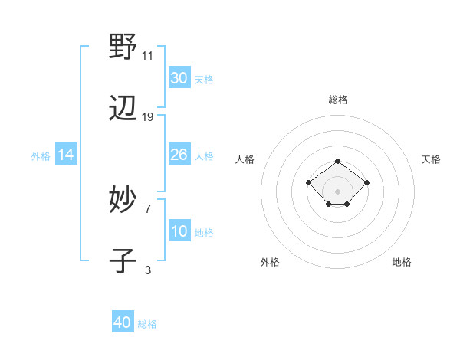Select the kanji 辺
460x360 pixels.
[123, 110]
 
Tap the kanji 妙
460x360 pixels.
[123, 200]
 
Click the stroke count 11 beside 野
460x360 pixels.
[147, 56]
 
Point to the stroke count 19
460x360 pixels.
[148, 117]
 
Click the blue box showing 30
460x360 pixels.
[179, 78]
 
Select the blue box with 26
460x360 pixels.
[179, 155]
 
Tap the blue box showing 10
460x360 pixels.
[179, 231]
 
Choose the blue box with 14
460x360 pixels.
[66, 155]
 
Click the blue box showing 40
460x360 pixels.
[123, 322]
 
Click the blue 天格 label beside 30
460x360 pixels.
[203, 79]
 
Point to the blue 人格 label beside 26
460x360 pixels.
[203, 155]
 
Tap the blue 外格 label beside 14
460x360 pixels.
[41, 156]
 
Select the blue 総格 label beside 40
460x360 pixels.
[147, 323]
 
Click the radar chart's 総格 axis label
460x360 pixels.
[337, 100]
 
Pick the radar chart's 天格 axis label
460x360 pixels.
[431, 159]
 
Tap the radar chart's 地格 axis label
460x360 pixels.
[402, 262]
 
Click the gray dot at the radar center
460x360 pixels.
[337, 191]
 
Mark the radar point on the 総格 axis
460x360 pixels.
[337, 161]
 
